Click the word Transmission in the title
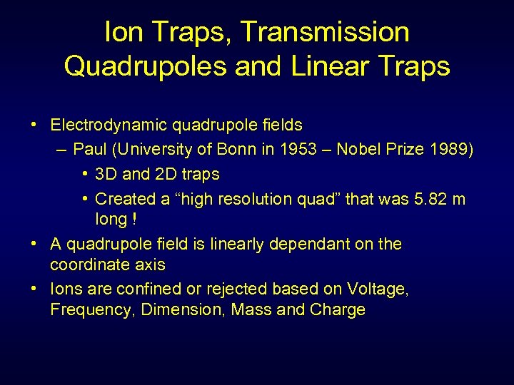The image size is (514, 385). coord(325,32)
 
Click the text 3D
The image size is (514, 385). coord(106,174)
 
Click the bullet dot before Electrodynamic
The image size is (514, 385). coord(34,125)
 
